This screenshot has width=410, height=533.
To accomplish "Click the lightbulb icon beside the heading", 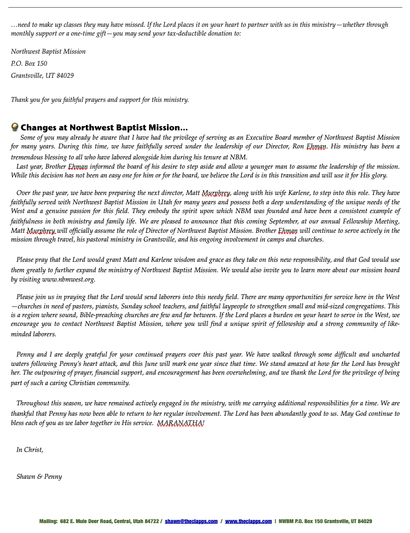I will click(x=15, y=127).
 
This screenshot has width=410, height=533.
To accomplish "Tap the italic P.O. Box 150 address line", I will click(x=29, y=64).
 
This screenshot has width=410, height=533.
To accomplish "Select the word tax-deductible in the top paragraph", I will click(x=165, y=33).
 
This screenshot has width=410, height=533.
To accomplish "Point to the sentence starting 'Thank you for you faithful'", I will click(x=100, y=100).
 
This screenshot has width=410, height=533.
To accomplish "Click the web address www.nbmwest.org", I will click(x=68, y=279).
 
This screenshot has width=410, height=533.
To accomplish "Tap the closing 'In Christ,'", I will click(x=30, y=450).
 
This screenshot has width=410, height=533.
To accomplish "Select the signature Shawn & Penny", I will click(x=39, y=477).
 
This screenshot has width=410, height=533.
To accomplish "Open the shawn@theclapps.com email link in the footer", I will click(x=191, y=521).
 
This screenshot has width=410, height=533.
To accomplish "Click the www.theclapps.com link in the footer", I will click(x=248, y=521).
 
